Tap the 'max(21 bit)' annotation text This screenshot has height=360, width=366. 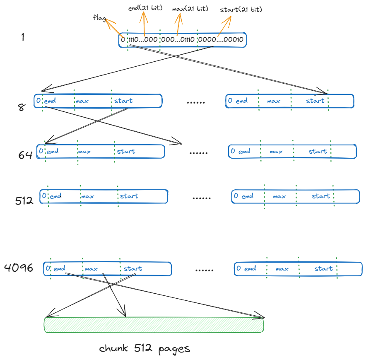tap(190, 8)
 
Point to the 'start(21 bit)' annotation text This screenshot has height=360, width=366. tap(241, 9)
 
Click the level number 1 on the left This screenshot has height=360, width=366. tap(23, 37)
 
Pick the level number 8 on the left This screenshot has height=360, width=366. tap(22, 107)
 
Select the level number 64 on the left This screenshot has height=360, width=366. tap(25, 155)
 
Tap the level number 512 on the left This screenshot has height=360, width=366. tap(24, 201)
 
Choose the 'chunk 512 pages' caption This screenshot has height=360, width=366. tap(144, 348)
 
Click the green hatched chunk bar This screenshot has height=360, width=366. tap(154, 325)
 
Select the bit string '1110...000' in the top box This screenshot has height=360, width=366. tap(143, 40)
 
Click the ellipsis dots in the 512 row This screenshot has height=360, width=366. tap(202, 198)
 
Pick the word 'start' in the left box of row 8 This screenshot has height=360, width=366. tap(123, 101)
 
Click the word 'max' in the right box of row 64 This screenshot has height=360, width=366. tap(276, 152)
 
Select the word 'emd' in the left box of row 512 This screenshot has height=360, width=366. tap(55, 196)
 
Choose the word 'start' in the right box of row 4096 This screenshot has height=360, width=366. tap(323, 268)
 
